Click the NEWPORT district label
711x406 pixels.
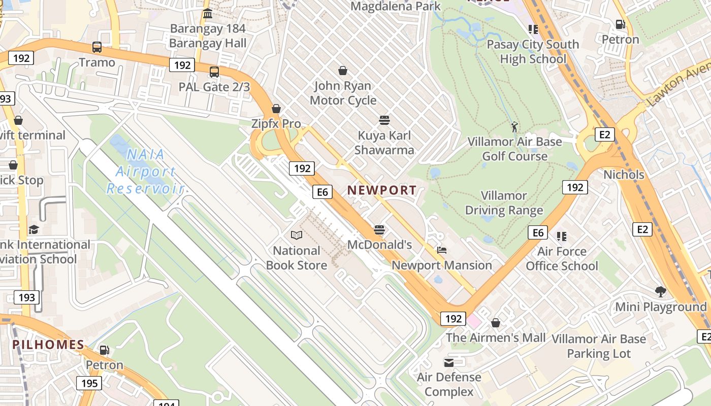pos(382,190)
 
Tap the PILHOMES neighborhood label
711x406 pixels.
pos(48,345)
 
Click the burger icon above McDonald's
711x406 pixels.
pos(379,229)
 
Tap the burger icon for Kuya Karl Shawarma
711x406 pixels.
pos(384,120)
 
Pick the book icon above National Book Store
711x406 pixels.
pos(297,235)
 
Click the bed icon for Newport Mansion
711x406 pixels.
pos(442,250)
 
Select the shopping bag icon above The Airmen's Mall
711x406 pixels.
pos(496,323)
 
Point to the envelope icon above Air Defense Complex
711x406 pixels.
pos(449,362)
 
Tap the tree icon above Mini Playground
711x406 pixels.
pos(661,292)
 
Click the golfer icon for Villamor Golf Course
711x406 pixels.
pos(514,126)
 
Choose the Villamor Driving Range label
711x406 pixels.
pos(504,203)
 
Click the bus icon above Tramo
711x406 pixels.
pos(96,48)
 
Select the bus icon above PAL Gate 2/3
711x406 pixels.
pos(214,72)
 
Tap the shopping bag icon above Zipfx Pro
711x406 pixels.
pos(276,109)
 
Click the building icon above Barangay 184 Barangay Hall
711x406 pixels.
pos(207,14)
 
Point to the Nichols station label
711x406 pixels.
pos(624,175)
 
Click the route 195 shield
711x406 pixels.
pos(89,383)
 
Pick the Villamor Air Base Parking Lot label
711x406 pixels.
pos(599,346)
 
